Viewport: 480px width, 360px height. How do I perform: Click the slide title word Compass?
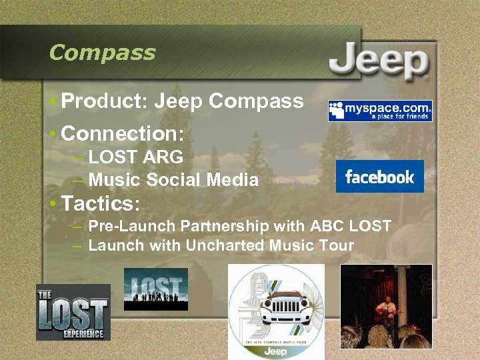click(x=102, y=53)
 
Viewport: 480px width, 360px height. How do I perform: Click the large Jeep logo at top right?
click(x=378, y=63)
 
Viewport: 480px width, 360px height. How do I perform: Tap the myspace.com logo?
click(x=380, y=111)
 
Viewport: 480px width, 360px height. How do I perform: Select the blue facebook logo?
click(x=379, y=177)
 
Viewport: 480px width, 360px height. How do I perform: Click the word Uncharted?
click(x=225, y=245)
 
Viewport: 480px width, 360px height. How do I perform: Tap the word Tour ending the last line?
click(x=338, y=245)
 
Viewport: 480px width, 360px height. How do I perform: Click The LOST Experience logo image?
click(x=73, y=312)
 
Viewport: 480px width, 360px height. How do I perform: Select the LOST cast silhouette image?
click(x=156, y=289)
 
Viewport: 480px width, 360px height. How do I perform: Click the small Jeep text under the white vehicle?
click(x=276, y=351)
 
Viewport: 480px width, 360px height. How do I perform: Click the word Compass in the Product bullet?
click(x=256, y=101)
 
